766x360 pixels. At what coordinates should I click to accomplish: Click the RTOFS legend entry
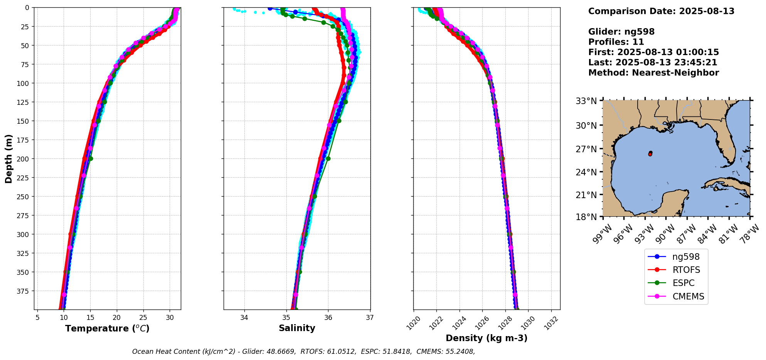pyautogui.click(x=686, y=270)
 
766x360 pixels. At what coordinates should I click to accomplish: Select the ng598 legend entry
pyautogui.click(x=685, y=257)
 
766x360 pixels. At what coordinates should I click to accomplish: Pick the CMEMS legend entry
pyautogui.click(x=688, y=296)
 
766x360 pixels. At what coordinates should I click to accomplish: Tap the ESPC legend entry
pyautogui.click(x=683, y=283)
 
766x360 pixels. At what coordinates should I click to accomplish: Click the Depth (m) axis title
pyautogui.click(x=8, y=158)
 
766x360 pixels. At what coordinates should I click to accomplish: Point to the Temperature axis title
pyautogui.click(x=107, y=328)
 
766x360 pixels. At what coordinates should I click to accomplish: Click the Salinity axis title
pyautogui.click(x=297, y=328)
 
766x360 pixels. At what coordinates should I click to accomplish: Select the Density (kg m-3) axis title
pyautogui.click(x=487, y=338)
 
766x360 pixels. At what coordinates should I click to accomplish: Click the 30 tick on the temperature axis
pyautogui.click(x=170, y=318)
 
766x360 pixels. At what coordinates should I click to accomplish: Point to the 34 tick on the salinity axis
pyautogui.click(x=244, y=318)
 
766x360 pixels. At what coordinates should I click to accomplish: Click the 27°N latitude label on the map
pyautogui.click(x=586, y=149)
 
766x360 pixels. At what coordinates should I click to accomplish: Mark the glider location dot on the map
pyautogui.click(x=650, y=153)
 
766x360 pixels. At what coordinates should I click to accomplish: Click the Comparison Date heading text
pyautogui.click(x=661, y=11)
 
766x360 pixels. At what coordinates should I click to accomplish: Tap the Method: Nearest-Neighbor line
pyautogui.click(x=653, y=73)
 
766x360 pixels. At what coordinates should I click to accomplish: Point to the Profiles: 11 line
pyautogui.click(x=616, y=42)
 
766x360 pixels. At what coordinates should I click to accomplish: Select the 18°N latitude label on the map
pyautogui.click(x=586, y=217)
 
